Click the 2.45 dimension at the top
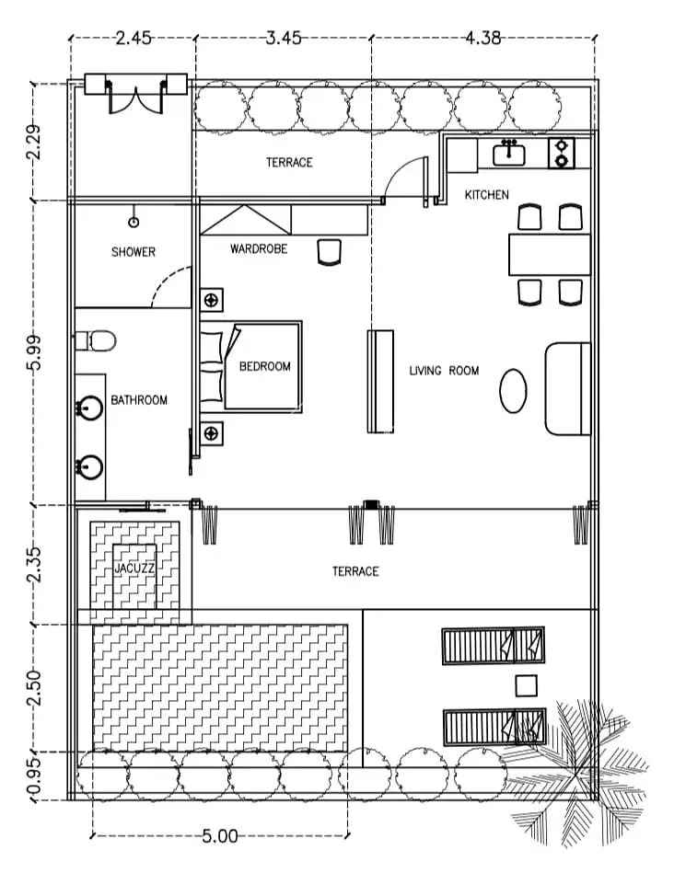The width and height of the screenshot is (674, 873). (134, 38)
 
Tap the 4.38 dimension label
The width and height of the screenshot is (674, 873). (483, 38)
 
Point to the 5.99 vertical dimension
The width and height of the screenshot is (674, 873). (34, 352)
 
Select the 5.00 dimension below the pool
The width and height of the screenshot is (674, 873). (220, 835)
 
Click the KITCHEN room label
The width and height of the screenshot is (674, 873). (487, 195)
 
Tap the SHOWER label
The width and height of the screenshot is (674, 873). (134, 252)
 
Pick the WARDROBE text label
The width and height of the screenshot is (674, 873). (259, 249)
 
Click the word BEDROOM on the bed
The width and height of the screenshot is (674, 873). (265, 366)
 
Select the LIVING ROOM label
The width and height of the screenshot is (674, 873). (445, 371)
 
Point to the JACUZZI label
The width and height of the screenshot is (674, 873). (134, 569)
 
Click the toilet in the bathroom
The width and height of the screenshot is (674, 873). (96, 340)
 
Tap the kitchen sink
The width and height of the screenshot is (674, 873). (509, 153)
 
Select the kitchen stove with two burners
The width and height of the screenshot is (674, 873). (562, 153)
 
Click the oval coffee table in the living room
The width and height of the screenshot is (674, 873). (513, 391)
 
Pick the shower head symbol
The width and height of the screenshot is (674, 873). (134, 222)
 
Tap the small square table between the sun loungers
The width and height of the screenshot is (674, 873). (527, 686)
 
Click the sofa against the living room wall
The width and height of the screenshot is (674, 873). (567, 388)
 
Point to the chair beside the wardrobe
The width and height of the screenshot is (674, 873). (329, 252)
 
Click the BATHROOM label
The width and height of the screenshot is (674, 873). (139, 400)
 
